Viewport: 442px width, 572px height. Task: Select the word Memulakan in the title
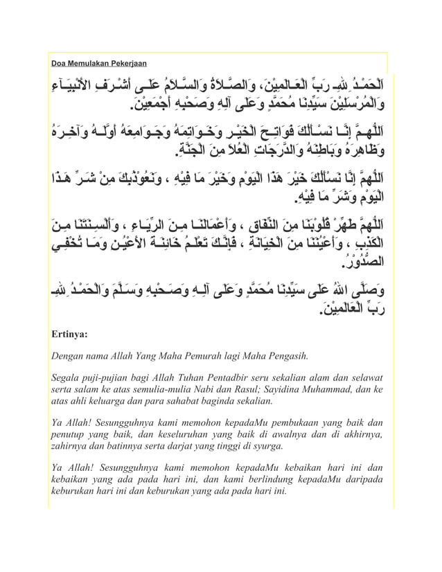pos(89,64)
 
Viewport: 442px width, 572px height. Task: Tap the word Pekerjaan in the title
pos(130,64)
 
